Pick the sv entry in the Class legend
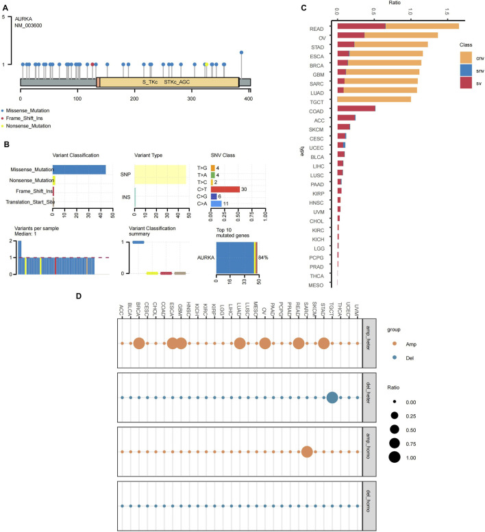[x=471, y=82]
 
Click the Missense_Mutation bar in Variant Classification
[x=79, y=169]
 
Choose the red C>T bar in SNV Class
[x=225, y=190]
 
